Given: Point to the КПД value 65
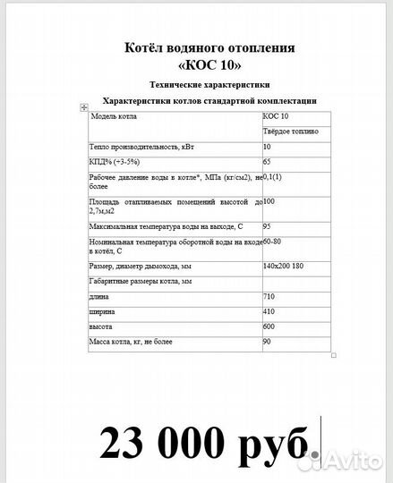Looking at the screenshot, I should click(x=268, y=162).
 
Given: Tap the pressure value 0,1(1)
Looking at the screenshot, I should click(x=273, y=178).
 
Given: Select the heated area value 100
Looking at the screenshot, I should click(x=269, y=201).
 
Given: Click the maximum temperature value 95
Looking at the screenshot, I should click(x=268, y=226).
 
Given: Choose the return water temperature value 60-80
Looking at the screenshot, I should click(x=272, y=241).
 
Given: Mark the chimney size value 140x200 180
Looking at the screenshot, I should click(x=284, y=267).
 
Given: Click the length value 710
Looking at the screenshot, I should click(x=269, y=296).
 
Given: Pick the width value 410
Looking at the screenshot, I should click(x=269, y=311).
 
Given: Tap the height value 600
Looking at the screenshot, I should click(x=269, y=326).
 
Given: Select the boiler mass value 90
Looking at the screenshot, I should click(x=267, y=342).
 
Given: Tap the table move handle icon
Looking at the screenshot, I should click(x=83, y=106).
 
